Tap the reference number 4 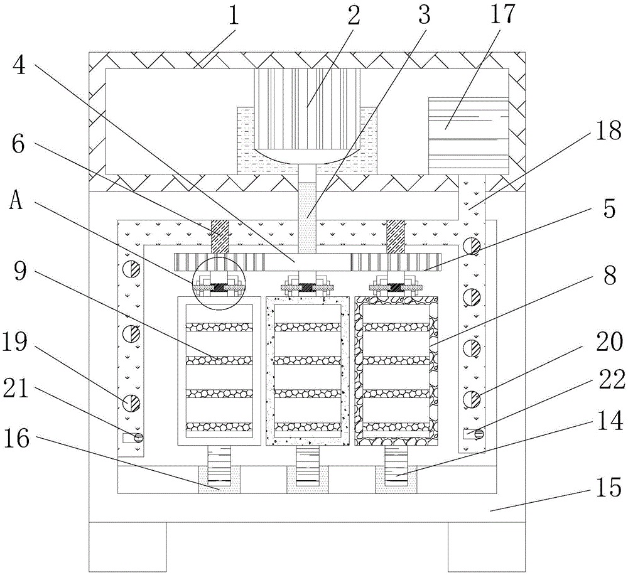(x=19, y=65)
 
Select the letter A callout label (x=16, y=202)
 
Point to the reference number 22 (x=612, y=379)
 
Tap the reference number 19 (x=14, y=342)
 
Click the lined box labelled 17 (x=468, y=136)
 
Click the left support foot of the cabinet (x=127, y=547)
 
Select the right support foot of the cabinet (x=486, y=547)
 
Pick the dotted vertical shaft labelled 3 (x=307, y=218)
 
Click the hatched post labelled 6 (x=219, y=236)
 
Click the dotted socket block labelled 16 (x=219, y=480)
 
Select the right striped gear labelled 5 (x=396, y=262)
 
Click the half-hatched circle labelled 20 (x=472, y=399)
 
